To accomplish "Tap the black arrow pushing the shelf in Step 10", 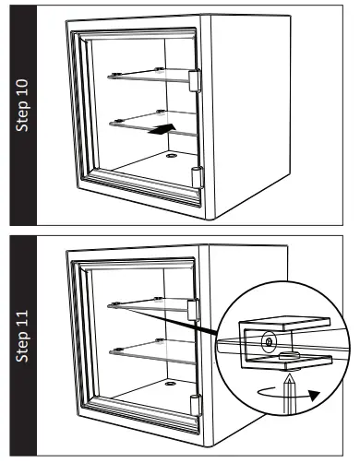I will click(159, 131).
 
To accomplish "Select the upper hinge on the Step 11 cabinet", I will click(194, 312).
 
